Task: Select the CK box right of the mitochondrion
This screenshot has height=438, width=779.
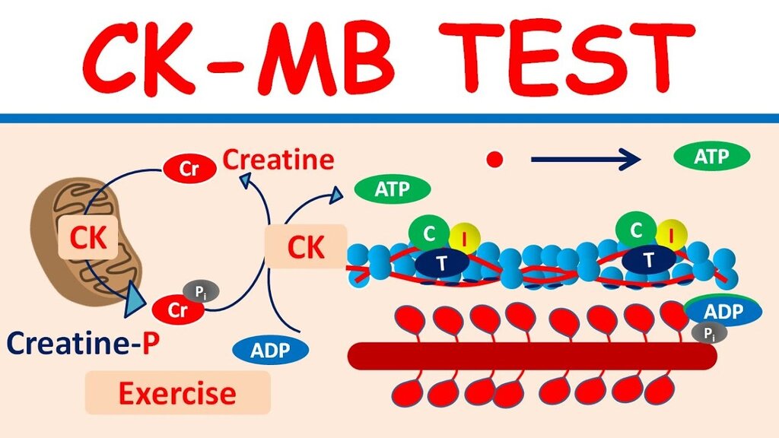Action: click(305, 246)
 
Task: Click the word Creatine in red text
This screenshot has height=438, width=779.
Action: click(278, 160)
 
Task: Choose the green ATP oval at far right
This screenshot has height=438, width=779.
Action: click(712, 157)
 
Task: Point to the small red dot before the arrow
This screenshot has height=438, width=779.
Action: click(495, 159)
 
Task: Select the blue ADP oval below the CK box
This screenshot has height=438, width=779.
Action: click(271, 351)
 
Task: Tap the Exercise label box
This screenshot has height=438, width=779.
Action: click(177, 393)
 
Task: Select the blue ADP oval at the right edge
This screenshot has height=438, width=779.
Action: click(723, 312)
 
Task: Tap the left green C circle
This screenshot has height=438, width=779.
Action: click(429, 233)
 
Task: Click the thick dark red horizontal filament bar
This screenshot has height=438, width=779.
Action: click(532, 356)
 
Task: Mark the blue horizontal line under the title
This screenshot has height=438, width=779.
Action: click(389, 118)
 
